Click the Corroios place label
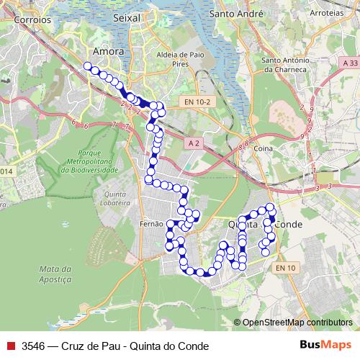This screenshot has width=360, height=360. (32, 21)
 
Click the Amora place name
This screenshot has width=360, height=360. (108, 52)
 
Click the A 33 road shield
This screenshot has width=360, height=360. (350, 64)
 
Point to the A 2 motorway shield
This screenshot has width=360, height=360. (193, 143)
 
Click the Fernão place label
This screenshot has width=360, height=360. (151, 224)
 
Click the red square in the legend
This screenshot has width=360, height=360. (10, 345)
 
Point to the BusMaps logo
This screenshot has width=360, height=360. (325, 345)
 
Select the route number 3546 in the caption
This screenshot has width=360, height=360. (34, 345)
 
